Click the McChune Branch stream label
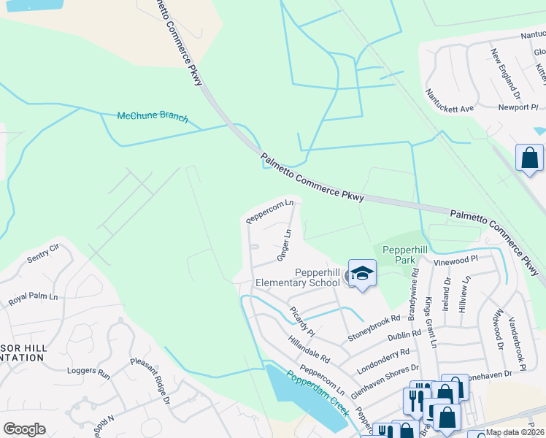pos(153,118)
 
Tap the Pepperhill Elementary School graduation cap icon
pos(362,273)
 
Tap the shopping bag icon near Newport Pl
pos(529,158)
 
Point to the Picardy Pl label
pos(301,322)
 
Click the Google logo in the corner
pos(24,429)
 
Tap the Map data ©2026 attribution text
pos(515,432)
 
